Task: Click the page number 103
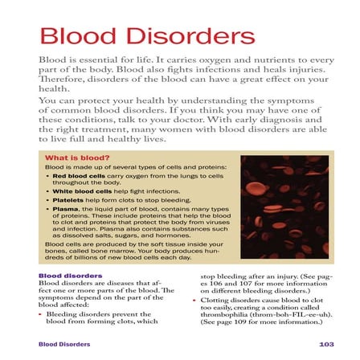(325, 344)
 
